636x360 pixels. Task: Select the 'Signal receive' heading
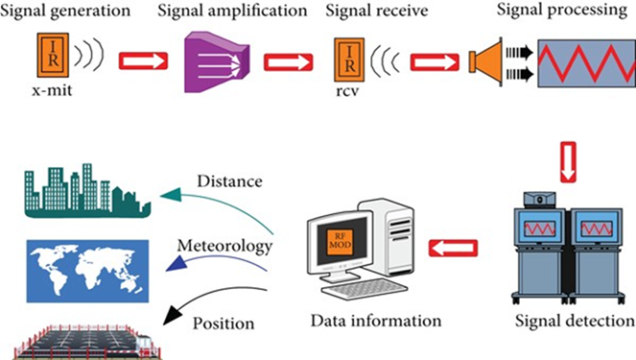point(378,13)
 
